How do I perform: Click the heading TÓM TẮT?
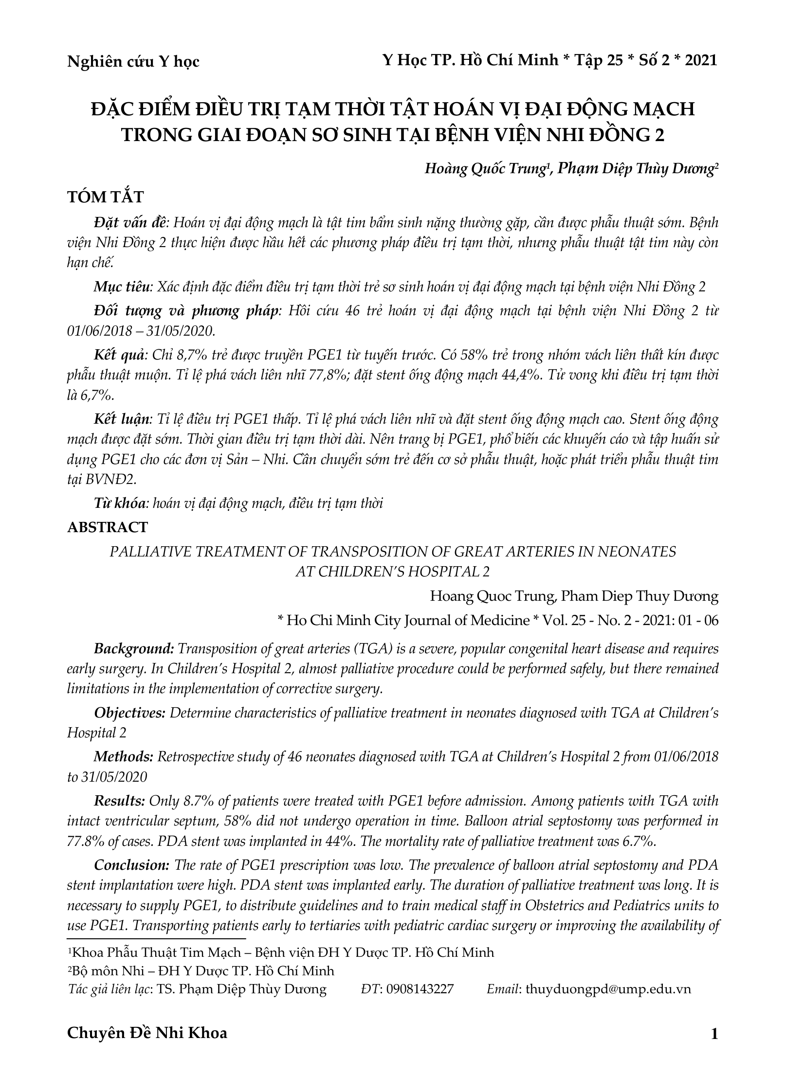tap(105, 197)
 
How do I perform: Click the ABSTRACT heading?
tap(107, 527)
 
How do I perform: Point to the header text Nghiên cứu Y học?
tap(133, 62)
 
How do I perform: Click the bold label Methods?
tap(124, 757)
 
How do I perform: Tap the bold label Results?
tap(120, 801)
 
